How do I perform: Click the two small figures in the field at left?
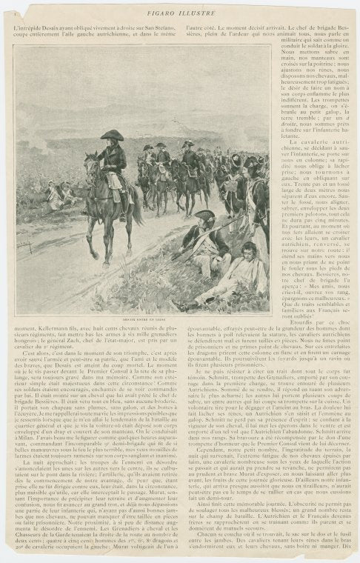pos(52,196)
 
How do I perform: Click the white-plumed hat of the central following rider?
pos(161,147)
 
